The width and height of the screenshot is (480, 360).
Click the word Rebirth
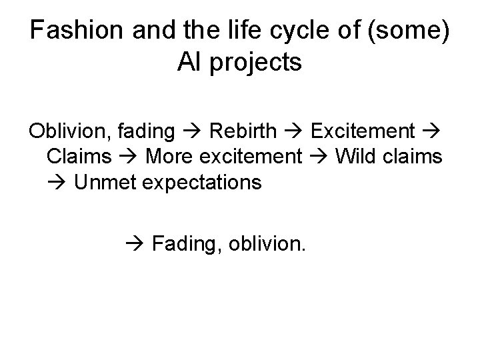click(241, 131)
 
